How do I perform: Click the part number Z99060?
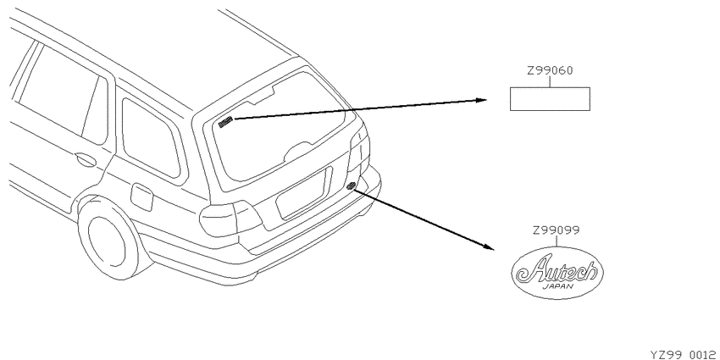tap(550, 71)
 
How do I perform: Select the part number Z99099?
tap(556, 230)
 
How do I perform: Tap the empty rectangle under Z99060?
tap(550, 99)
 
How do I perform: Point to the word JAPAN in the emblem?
tap(558, 286)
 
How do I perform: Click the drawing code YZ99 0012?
tap(683, 354)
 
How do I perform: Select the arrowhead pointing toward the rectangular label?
tap(481, 100)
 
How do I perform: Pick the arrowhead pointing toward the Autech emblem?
tap(489, 247)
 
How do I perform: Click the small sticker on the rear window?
tap(226, 122)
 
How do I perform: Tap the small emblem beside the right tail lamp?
tap(352, 186)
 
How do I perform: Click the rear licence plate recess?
tap(303, 193)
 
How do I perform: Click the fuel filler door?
tap(141, 197)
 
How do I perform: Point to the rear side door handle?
tap(86, 159)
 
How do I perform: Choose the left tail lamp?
tap(230, 219)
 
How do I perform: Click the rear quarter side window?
tap(151, 138)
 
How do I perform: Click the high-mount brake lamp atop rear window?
tap(263, 97)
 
